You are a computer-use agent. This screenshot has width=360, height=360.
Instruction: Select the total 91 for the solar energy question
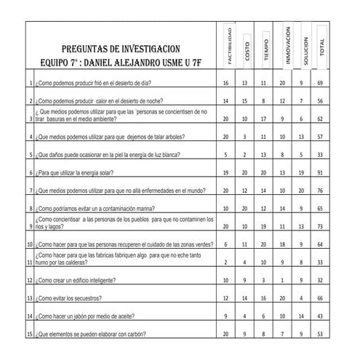321,172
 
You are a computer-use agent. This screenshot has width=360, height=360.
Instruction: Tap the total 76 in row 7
321,191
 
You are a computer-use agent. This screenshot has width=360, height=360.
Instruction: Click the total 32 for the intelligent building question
321,280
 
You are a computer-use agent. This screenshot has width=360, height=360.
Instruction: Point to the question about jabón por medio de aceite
84,316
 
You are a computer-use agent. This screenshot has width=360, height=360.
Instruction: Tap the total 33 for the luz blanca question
321,154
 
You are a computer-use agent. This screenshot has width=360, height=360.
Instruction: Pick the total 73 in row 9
321,226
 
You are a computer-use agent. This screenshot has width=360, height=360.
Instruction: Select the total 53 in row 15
321,334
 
